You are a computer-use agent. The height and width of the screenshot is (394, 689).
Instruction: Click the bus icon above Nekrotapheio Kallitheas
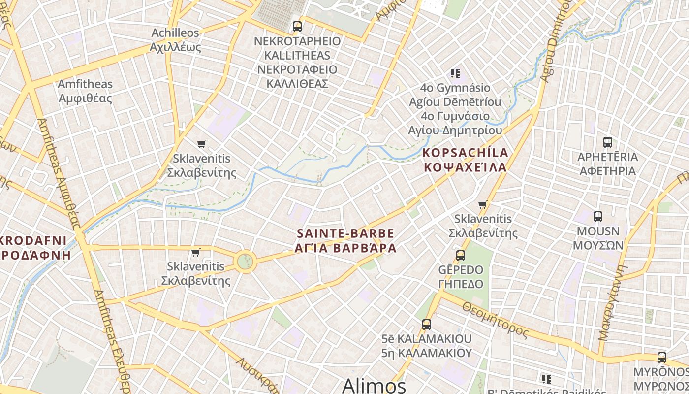coord(297,27)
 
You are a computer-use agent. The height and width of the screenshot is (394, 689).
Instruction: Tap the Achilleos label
coord(175,33)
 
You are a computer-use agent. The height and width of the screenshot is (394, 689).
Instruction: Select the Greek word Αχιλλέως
coord(176,47)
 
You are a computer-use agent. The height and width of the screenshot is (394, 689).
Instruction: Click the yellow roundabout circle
coord(246,261)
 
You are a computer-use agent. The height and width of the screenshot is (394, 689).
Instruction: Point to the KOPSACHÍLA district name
coord(465,153)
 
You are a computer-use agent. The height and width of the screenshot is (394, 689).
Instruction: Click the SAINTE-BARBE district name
coord(345,233)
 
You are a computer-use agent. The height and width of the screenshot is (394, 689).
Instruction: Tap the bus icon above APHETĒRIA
coord(608,142)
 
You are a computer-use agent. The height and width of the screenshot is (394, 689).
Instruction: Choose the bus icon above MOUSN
coord(598,216)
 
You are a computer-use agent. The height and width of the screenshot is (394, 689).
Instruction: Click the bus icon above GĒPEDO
coord(461,256)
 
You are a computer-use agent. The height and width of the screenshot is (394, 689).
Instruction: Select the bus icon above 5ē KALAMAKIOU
coord(427,325)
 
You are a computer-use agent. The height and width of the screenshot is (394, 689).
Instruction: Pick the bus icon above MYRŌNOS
coord(662,357)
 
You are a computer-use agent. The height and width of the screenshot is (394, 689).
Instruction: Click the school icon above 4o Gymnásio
coord(455,73)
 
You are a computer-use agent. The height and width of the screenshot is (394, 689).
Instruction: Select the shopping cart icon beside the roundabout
coord(196,252)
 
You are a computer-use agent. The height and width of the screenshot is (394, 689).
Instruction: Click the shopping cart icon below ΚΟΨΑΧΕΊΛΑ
coord(483,204)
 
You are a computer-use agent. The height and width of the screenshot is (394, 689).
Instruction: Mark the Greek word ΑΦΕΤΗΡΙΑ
coord(607,171)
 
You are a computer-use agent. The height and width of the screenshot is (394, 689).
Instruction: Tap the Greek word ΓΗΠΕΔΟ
coord(461,284)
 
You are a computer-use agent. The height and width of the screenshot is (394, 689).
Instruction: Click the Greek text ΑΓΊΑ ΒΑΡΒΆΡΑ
coord(345,248)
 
